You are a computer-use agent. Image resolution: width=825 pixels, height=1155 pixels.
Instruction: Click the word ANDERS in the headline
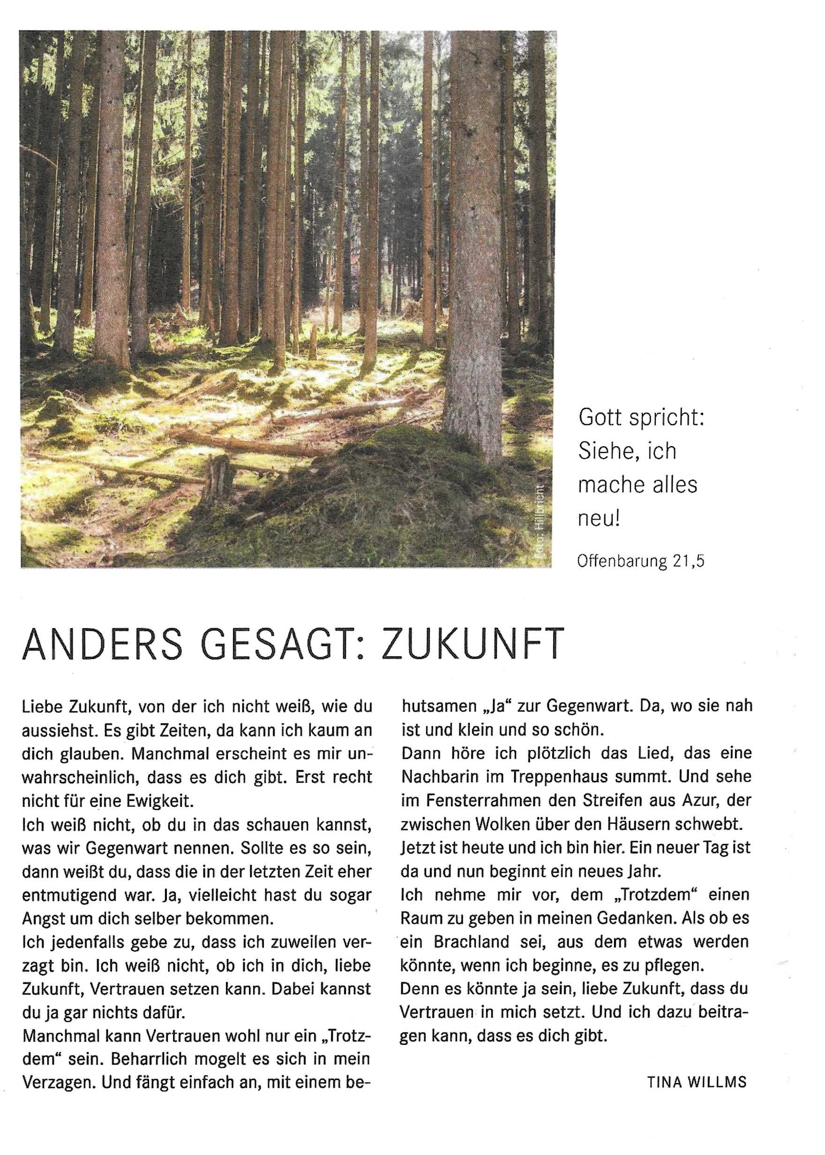click(102, 644)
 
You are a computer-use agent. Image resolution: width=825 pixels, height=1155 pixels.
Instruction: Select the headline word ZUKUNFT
click(472, 644)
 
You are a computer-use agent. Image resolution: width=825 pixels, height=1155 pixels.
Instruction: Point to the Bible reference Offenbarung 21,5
click(641, 561)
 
